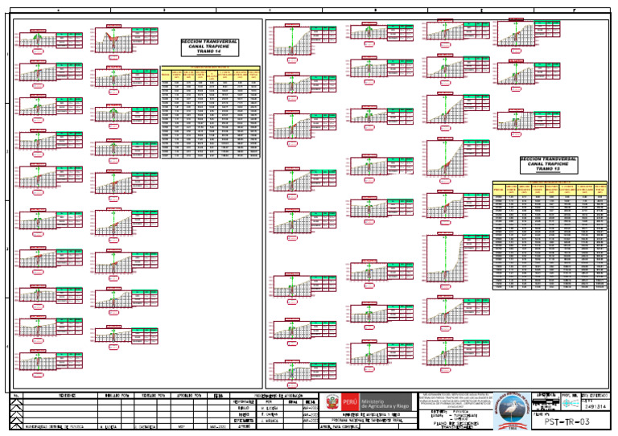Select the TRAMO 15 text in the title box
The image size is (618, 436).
pyautogui.click(x=548, y=170)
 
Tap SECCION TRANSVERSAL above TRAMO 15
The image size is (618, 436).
pyautogui.click(x=548, y=159)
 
